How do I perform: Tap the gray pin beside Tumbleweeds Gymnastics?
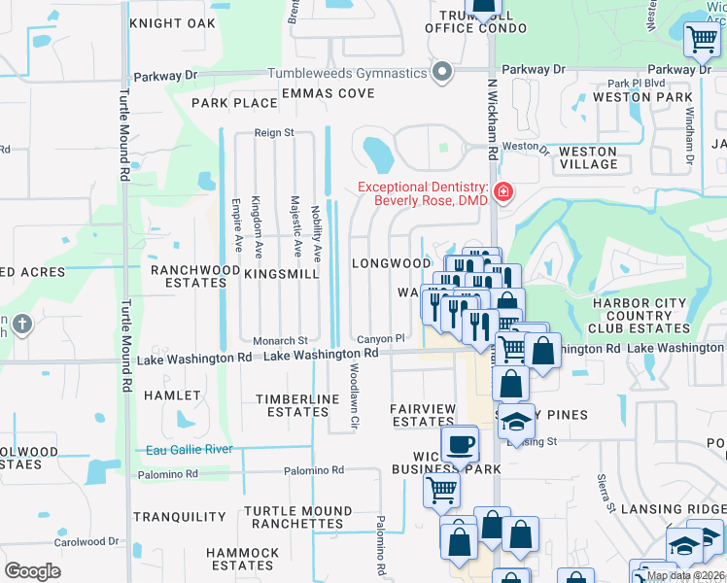[x=443, y=73]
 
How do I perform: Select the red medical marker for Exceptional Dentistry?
[x=502, y=192]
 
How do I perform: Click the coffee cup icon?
[x=459, y=445]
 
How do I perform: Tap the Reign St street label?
[x=274, y=132]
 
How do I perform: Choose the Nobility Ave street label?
[x=317, y=234]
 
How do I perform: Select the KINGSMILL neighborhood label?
[x=282, y=275]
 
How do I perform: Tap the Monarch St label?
[x=280, y=341]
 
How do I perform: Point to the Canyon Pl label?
[x=379, y=338]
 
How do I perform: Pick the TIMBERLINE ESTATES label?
[x=297, y=405]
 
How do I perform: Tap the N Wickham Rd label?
[x=493, y=121]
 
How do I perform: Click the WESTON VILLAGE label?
[x=588, y=157]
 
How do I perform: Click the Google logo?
[x=32, y=570]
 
